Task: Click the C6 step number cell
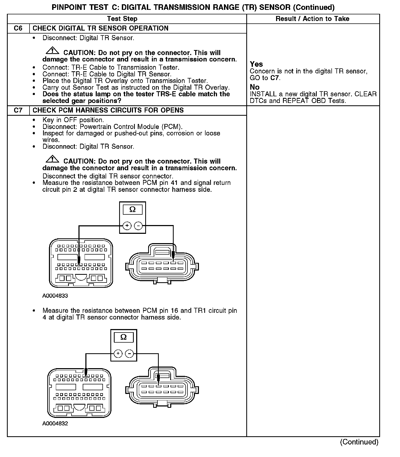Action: pos(18,28)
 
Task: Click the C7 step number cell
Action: pos(18,110)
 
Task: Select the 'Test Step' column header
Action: pos(122,19)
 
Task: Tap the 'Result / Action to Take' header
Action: pos(312,19)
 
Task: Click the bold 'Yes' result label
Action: pos(256,64)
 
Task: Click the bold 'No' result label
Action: pos(255,87)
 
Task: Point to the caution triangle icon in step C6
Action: pos(52,50)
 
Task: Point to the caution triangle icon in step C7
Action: pos(52,159)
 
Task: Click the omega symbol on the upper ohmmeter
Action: pos(132,210)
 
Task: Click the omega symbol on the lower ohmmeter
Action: pos(124,337)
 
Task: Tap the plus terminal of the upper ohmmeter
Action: pos(127,226)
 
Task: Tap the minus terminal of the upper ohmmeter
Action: pos(138,226)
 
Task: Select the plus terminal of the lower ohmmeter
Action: pos(118,354)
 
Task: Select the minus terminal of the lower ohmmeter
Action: pos(130,354)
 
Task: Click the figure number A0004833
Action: pos(55,296)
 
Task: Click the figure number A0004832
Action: pos(55,423)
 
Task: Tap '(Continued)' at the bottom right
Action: pos(359,442)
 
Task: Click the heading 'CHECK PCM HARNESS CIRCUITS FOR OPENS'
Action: pos(108,110)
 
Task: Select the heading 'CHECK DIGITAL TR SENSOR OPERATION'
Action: pos(100,28)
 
